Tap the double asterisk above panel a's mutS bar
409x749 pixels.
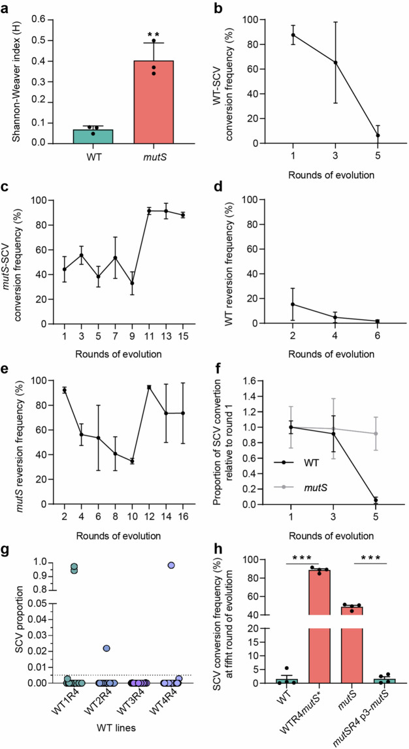[155, 31]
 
